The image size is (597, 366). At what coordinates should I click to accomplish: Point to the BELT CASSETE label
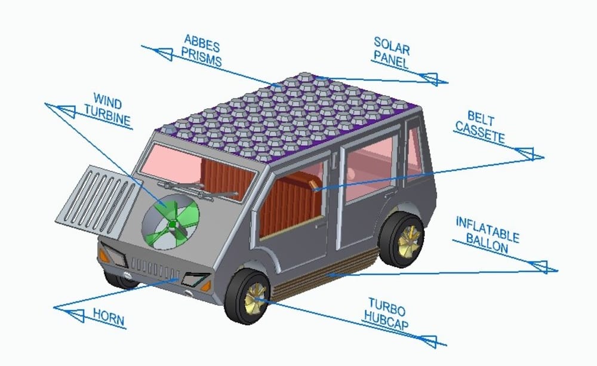pos(479,127)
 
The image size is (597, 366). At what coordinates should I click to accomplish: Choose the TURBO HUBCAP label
pos(386,315)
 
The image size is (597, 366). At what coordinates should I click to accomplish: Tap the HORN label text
pos(109,318)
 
